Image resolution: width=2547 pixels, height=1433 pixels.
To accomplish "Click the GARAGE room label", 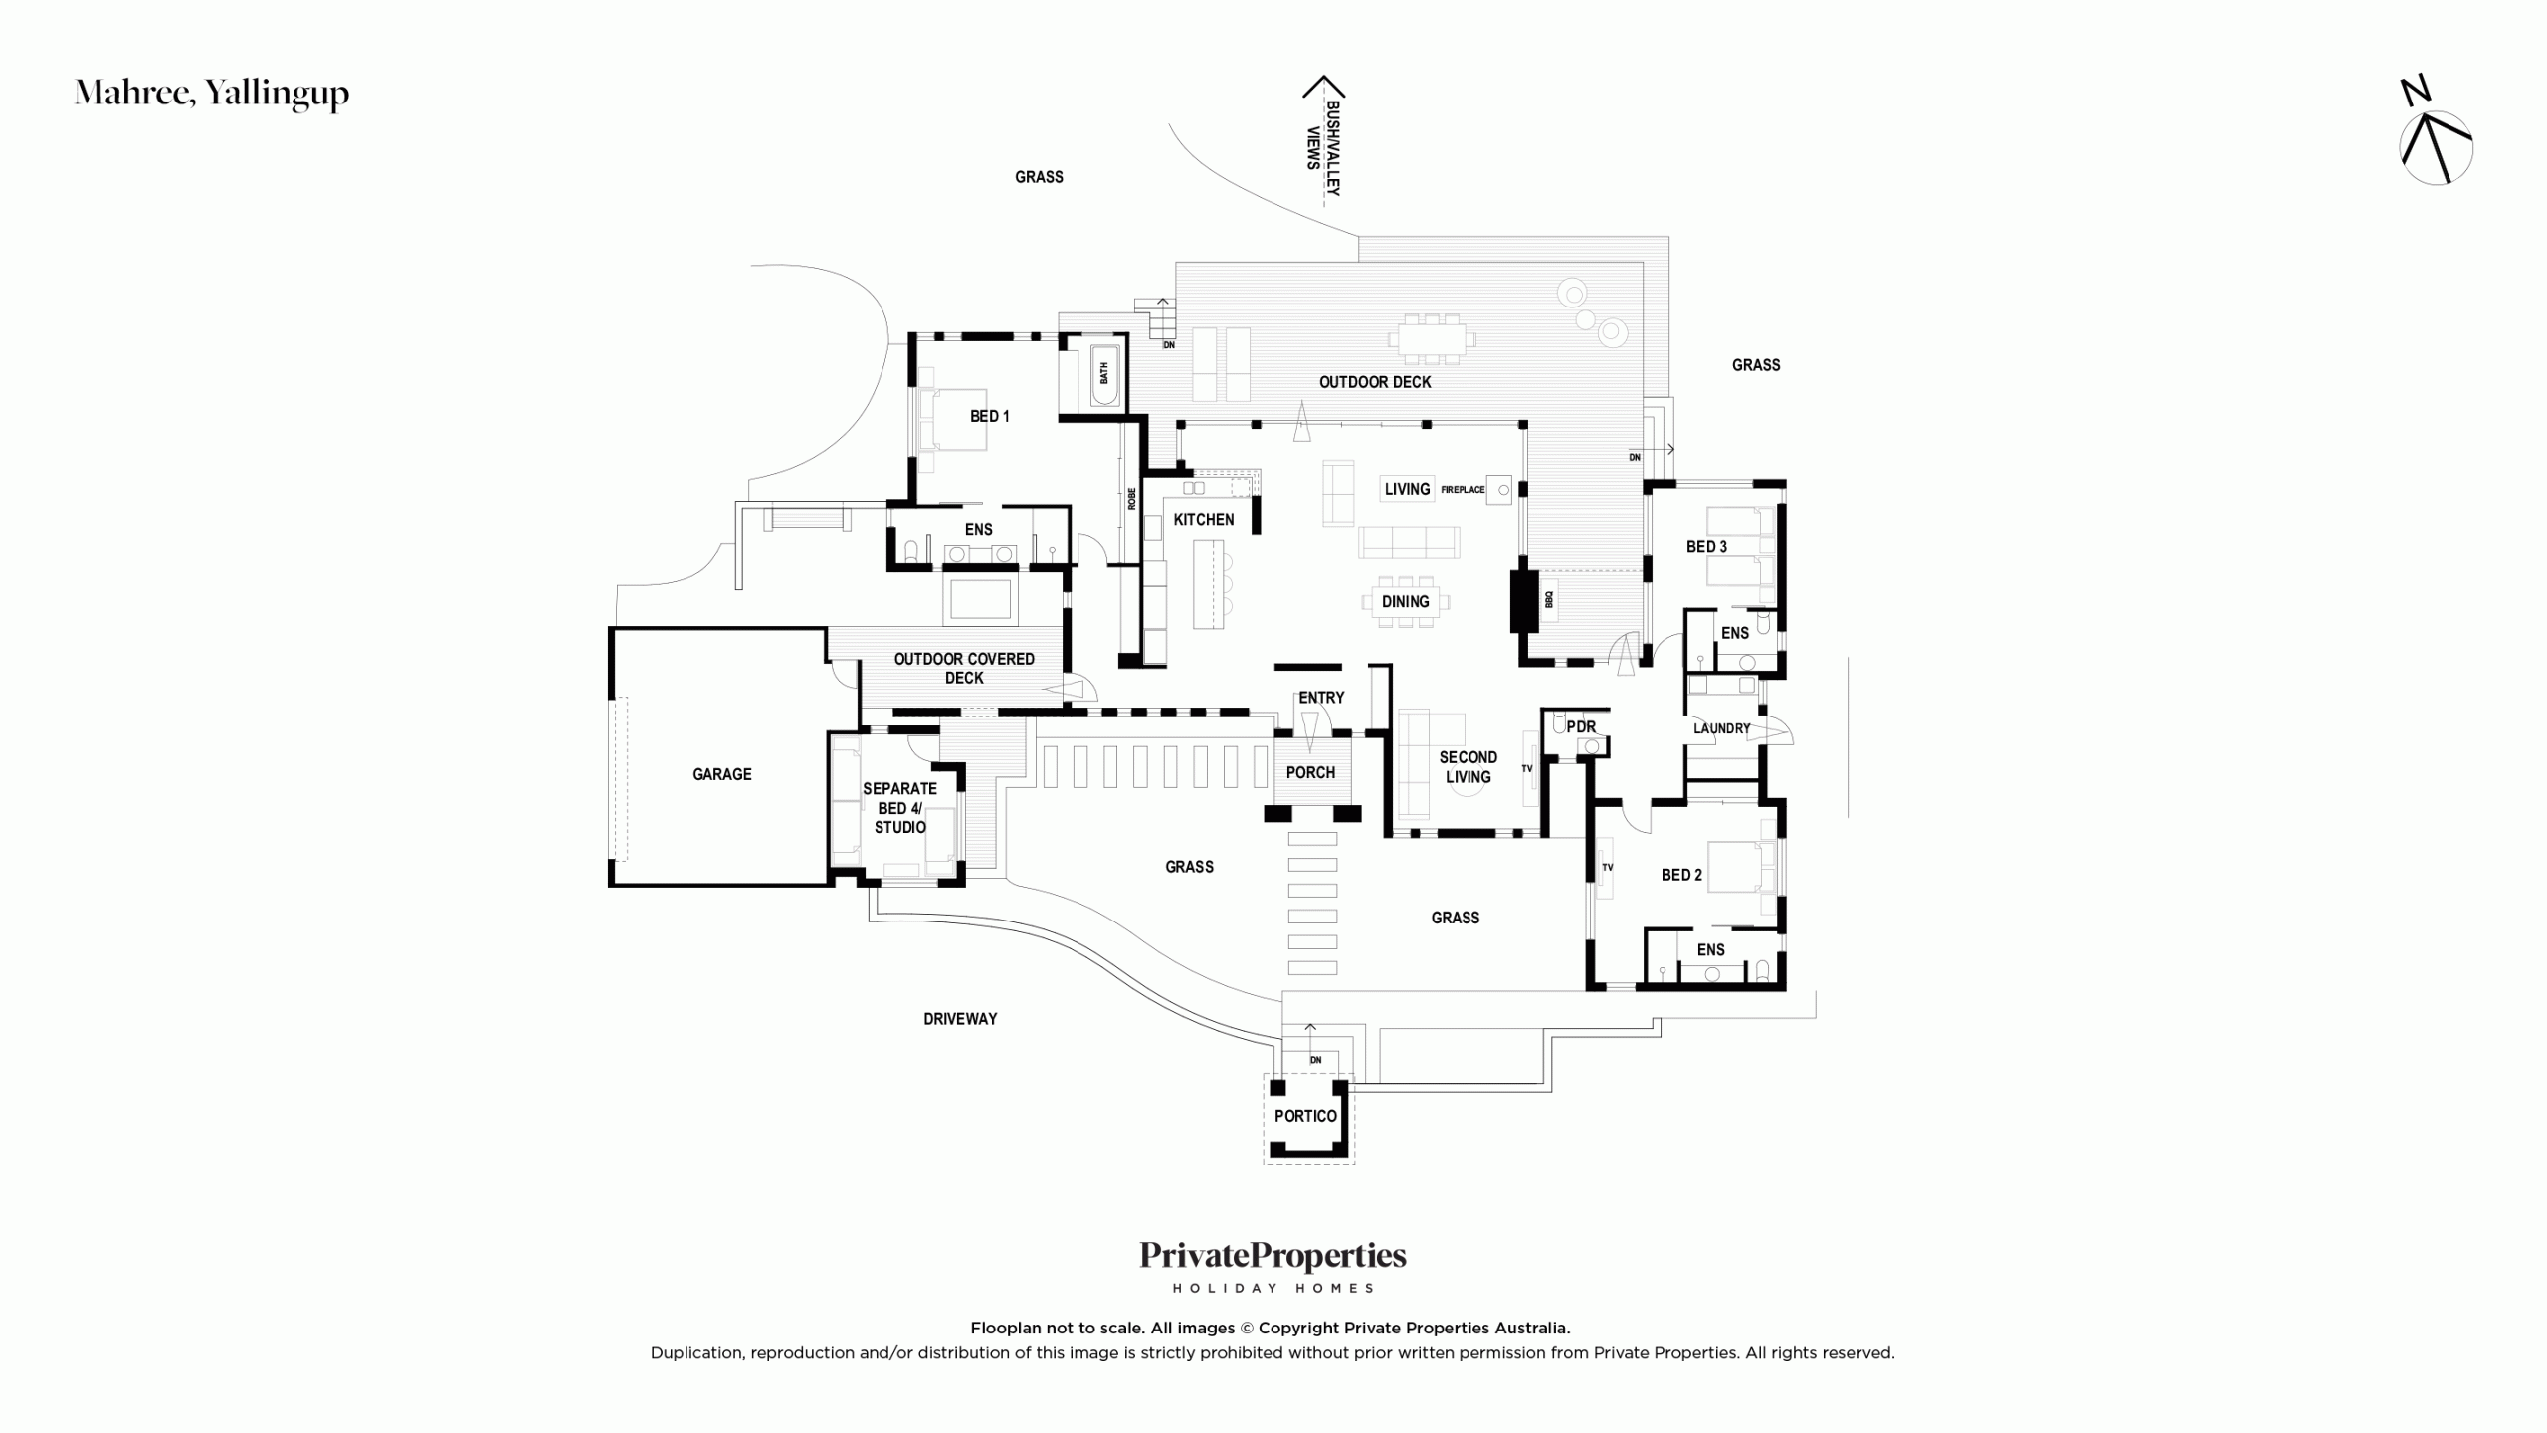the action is click(721, 774).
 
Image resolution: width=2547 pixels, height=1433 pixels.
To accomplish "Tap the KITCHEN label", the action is click(1203, 519).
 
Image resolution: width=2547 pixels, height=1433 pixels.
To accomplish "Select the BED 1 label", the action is click(989, 416).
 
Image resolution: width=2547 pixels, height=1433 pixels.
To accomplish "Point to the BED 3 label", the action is click(1706, 546).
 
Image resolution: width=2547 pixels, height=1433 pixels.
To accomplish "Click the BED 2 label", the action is click(1681, 875).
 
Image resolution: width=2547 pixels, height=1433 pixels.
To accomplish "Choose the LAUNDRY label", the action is click(1721, 728).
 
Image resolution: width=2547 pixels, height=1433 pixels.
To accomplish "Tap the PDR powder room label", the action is click(1581, 727).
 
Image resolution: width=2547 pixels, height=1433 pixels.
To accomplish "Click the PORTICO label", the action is click(1305, 1116).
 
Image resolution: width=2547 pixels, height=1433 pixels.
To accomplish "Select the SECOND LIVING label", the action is click(1468, 767).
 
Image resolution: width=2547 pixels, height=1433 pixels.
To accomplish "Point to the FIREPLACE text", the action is click(1463, 490).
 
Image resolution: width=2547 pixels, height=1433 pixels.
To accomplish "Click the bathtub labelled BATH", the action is click(1104, 374).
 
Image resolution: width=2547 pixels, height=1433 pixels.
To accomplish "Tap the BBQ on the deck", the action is click(1548, 600).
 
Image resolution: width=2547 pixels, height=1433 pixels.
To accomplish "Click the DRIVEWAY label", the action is click(960, 1019).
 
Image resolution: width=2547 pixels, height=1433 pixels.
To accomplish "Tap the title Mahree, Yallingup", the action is click(212, 93).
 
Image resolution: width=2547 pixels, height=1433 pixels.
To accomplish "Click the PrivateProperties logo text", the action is click(1273, 1256).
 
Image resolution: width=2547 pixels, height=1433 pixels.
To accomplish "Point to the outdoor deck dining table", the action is click(1432, 339).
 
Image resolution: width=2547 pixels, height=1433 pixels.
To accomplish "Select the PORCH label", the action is click(1310, 772).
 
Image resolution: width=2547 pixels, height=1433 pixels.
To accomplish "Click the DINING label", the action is click(1405, 601).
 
